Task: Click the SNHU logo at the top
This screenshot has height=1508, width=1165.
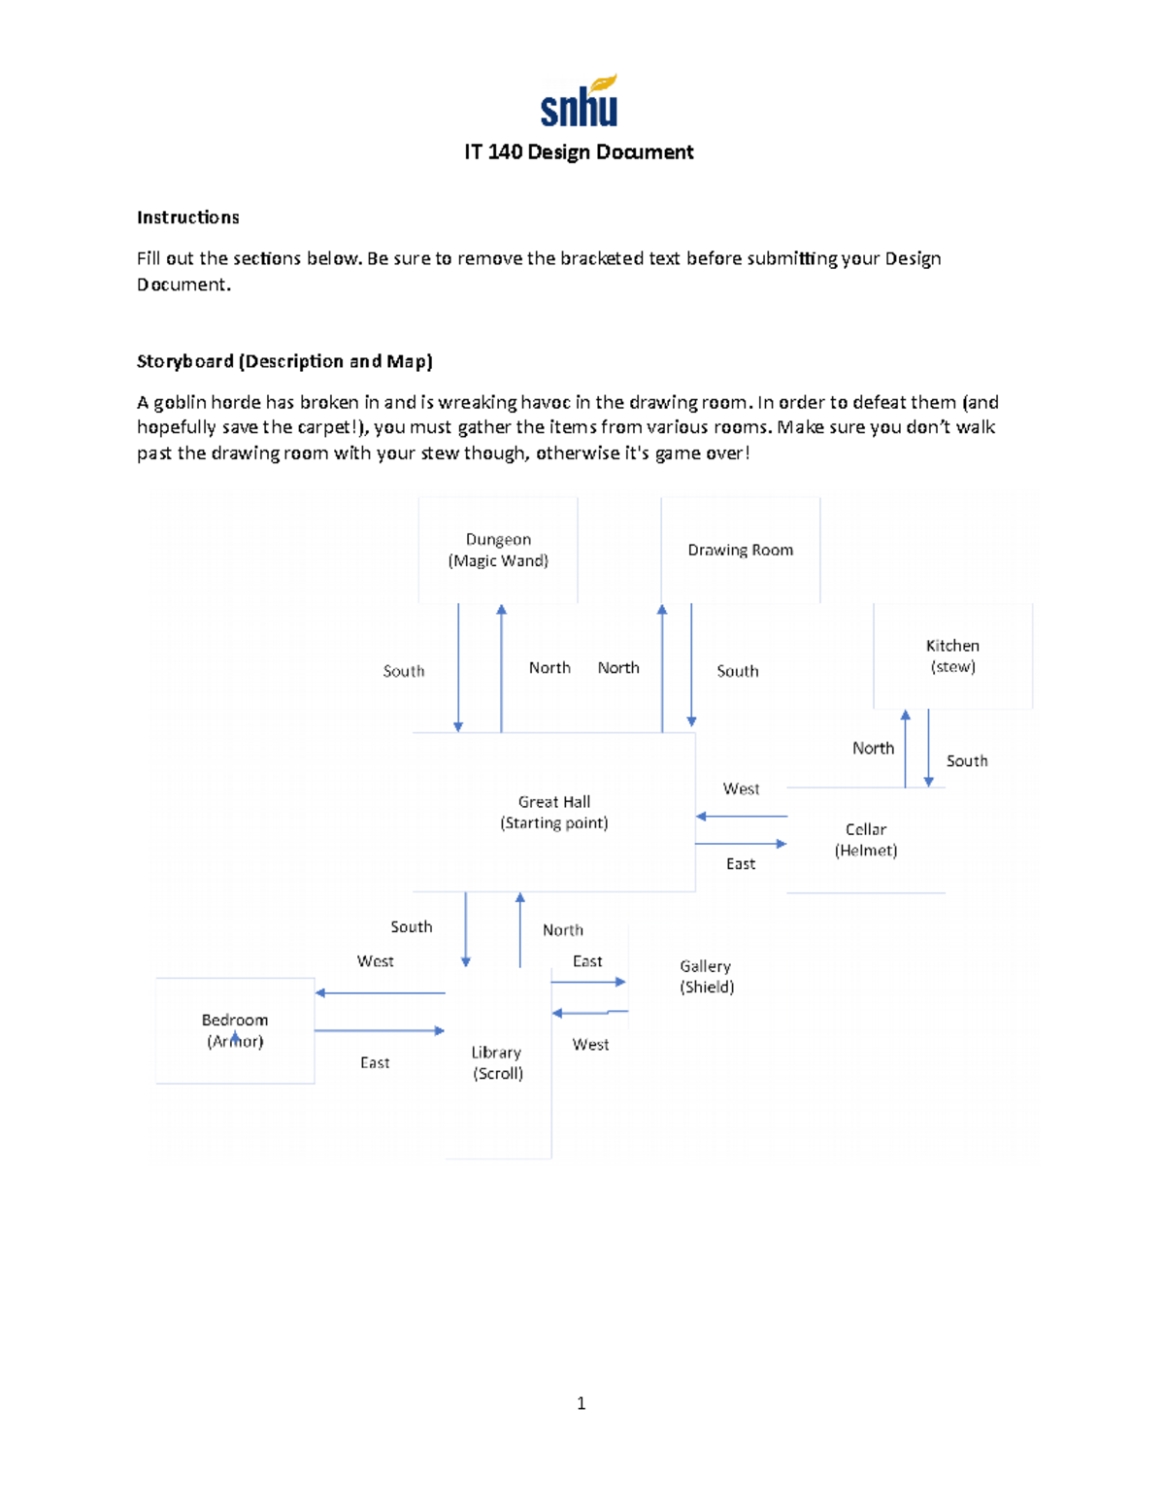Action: [580, 102]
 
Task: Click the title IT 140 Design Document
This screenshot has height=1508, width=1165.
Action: [579, 152]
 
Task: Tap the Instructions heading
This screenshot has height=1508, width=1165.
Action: [187, 218]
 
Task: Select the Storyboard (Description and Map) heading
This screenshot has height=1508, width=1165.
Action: [284, 361]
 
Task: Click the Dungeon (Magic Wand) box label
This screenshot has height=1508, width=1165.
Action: [498, 550]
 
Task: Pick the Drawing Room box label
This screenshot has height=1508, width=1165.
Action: [741, 550]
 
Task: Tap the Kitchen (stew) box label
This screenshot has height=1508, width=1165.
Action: [952, 655]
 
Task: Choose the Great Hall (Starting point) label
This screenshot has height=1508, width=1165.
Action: [554, 812]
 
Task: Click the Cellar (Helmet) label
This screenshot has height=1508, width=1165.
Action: [866, 839]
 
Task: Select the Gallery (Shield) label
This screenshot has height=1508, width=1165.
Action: [707, 976]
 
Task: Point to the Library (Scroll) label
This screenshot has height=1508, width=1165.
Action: [497, 1062]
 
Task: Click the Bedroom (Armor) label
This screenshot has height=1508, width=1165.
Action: [235, 1030]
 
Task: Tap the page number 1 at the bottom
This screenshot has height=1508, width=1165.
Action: [581, 1403]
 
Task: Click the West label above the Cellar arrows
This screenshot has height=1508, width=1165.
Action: [741, 788]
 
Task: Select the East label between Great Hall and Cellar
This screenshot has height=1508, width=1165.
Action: [741, 863]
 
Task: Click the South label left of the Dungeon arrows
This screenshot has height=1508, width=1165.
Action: [404, 671]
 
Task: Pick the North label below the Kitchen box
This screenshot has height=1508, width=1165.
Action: [873, 748]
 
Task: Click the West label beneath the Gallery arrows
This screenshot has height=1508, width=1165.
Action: [590, 1044]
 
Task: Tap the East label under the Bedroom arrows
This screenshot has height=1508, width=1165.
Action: [375, 1062]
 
